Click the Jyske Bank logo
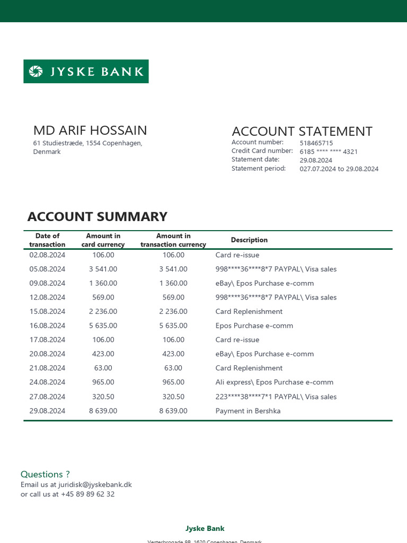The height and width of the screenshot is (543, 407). click(86, 72)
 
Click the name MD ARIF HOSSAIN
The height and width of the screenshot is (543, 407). click(90, 130)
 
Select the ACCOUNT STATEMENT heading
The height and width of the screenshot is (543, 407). click(302, 132)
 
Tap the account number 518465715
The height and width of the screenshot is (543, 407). click(316, 143)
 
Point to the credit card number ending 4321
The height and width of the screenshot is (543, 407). click(329, 152)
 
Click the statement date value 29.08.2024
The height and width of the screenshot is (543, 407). click(316, 160)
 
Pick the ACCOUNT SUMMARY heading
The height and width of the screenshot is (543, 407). click(97, 216)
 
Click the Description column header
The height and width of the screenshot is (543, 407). click(249, 240)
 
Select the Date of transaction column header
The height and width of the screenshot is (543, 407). click(47, 240)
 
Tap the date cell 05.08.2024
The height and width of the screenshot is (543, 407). click(47, 269)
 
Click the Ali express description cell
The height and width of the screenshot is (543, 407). click(275, 382)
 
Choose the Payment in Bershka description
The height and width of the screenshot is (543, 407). click(248, 411)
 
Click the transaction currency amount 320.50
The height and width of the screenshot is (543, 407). click(173, 397)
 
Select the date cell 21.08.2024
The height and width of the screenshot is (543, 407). click(47, 368)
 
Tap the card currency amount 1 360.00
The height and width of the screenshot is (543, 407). click(103, 283)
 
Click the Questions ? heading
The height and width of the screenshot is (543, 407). click(45, 474)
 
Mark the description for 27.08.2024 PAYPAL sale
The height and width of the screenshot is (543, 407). click(276, 397)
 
